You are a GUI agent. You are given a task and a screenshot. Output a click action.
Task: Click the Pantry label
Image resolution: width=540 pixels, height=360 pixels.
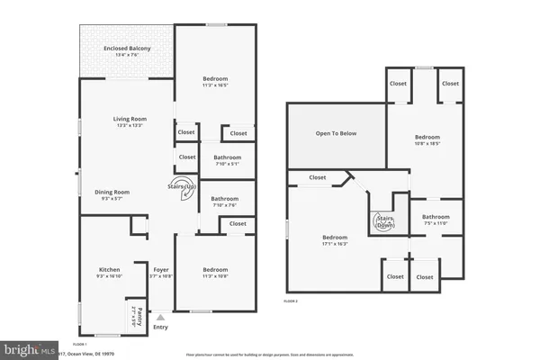[135, 316]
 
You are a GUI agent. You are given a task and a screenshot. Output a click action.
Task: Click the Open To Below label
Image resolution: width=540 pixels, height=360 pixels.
[336, 133]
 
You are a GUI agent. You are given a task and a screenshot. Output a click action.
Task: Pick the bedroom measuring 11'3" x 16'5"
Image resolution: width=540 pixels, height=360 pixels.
[215, 82]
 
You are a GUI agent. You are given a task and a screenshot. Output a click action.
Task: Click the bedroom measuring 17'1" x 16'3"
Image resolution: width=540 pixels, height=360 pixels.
[335, 240]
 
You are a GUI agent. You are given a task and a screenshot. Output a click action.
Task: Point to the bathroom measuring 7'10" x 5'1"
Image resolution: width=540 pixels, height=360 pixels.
[225, 161]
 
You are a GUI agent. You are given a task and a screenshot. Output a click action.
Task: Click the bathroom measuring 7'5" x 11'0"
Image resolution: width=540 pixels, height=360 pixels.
[436, 219]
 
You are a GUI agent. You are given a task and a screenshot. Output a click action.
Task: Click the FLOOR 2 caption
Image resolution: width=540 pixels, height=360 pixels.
[291, 301]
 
